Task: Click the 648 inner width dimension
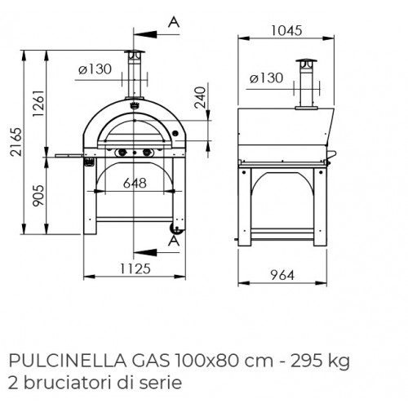coord(135,184)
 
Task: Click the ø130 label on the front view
coord(94,69)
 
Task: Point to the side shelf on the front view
coord(65,152)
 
